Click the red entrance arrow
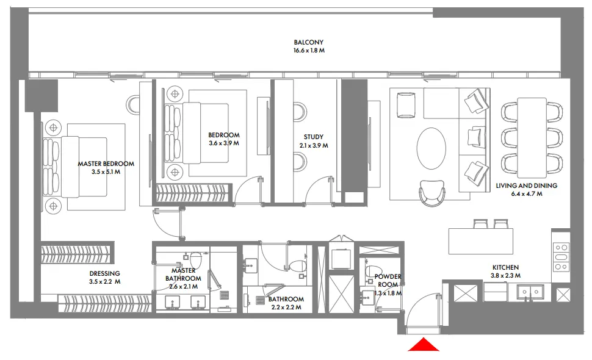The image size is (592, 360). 424,345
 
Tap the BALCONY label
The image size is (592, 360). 308,43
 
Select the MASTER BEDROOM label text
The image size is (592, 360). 106,164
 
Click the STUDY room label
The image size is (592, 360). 313,137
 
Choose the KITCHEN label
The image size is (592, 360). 505,267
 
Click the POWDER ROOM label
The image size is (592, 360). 388,281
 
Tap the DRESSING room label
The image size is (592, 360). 104,273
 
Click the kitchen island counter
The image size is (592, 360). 480,241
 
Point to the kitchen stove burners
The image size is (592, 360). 560,257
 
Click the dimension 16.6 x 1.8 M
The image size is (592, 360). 308,51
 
